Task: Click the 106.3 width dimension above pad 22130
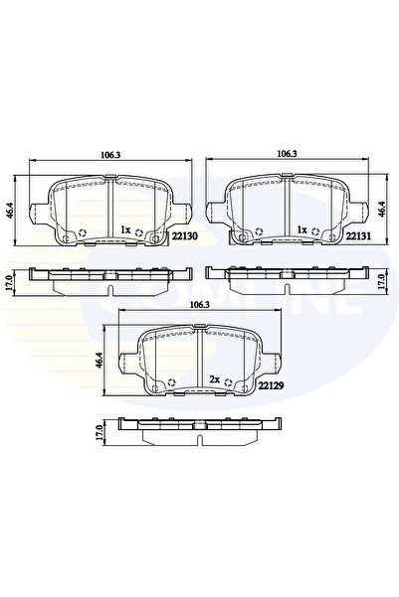[x=111, y=154]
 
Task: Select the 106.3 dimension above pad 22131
[x=287, y=154]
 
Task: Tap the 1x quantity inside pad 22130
[x=124, y=230]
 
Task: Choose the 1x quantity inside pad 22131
[x=299, y=230]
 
